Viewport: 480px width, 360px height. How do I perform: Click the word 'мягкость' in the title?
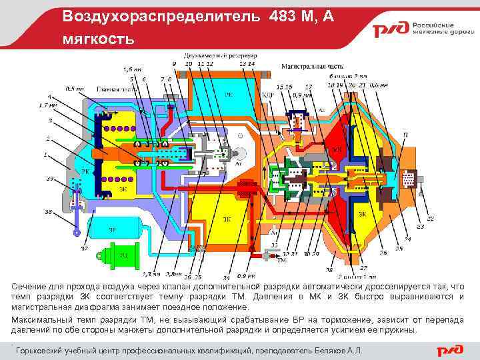click(98, 39)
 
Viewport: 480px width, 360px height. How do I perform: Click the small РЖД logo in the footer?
click(449, 350)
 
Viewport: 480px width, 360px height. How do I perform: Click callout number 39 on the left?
click(49, 179)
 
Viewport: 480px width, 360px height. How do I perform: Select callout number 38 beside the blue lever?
click(48, 212)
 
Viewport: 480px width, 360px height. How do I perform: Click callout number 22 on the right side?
click(430, 218)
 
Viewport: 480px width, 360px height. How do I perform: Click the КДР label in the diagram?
click(268, 95)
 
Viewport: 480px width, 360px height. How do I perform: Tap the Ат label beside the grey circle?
click(238, 163)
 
